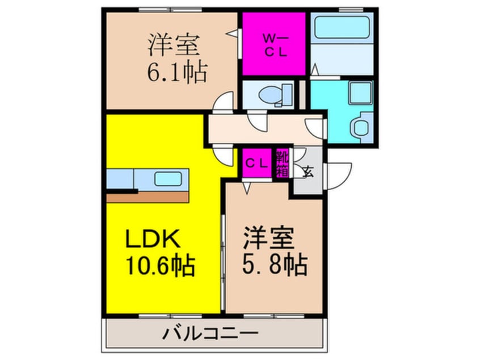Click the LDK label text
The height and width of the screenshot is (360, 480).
pyautogui.click(x=153, y=239)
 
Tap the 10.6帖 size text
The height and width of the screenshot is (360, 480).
pyautogui.click(x=160, y=265)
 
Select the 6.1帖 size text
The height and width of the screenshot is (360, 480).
pyautogui.click(x=178, y=72)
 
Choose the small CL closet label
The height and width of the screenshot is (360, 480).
pyautogui.click(x=257, y=164)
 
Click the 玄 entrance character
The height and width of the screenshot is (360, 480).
pyautogui.click(x=308, y=171)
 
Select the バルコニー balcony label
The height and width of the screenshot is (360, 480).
pyautogui.click(x=210, y=333)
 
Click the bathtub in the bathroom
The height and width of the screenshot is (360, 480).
pyautogui.click(x=342, y=27)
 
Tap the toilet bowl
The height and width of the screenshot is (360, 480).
pyautogui.click(x=271, y=94)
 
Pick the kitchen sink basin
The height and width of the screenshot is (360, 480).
pyautogui.click(x=169, y=179)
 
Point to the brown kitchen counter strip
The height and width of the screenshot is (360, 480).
pyautogui.click(x=148, y=197)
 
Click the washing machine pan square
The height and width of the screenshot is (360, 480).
pyautogui.click(x=361, y=92)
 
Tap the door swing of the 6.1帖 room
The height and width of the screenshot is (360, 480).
pyautogui.click(x=224, y=101)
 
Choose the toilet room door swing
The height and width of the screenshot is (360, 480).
pyautogui.click(x=257, y=121)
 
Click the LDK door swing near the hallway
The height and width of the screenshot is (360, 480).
pyautogui.click(x=224, y=157)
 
